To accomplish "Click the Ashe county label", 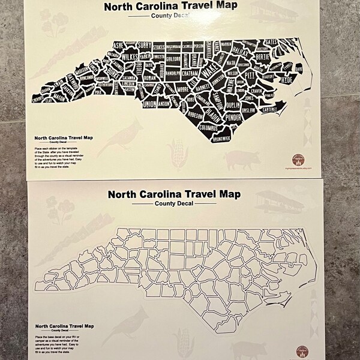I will point(118,44).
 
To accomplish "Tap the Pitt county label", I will point(250,76).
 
